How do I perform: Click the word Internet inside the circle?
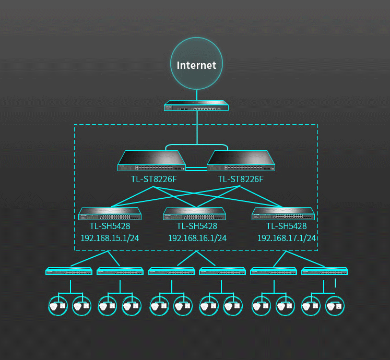[196, 65]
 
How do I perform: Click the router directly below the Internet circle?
[196, 105]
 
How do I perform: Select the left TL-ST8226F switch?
[152, 161]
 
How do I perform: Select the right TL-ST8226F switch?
[241, 161]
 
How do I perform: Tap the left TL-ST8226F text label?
[153, 179]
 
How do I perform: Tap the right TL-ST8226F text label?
[241, 179]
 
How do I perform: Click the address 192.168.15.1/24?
[110, 238]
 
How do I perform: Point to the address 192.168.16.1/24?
[197, 238]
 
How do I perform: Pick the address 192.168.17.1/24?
[287, 238]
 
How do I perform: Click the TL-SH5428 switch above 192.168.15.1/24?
[110, 214]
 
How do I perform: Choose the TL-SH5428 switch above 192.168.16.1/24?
[194, 214]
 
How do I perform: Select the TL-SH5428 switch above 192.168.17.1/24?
[283, 214]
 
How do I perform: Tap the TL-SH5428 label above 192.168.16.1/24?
[197, 226]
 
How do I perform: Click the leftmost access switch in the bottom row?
[69, 271]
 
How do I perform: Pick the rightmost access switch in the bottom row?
[325, 271]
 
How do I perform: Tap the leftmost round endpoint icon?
[56, 306]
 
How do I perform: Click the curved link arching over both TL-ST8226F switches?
[197, 145]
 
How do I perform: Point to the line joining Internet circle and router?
[197, 94]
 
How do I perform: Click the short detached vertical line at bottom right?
[335, 283]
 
